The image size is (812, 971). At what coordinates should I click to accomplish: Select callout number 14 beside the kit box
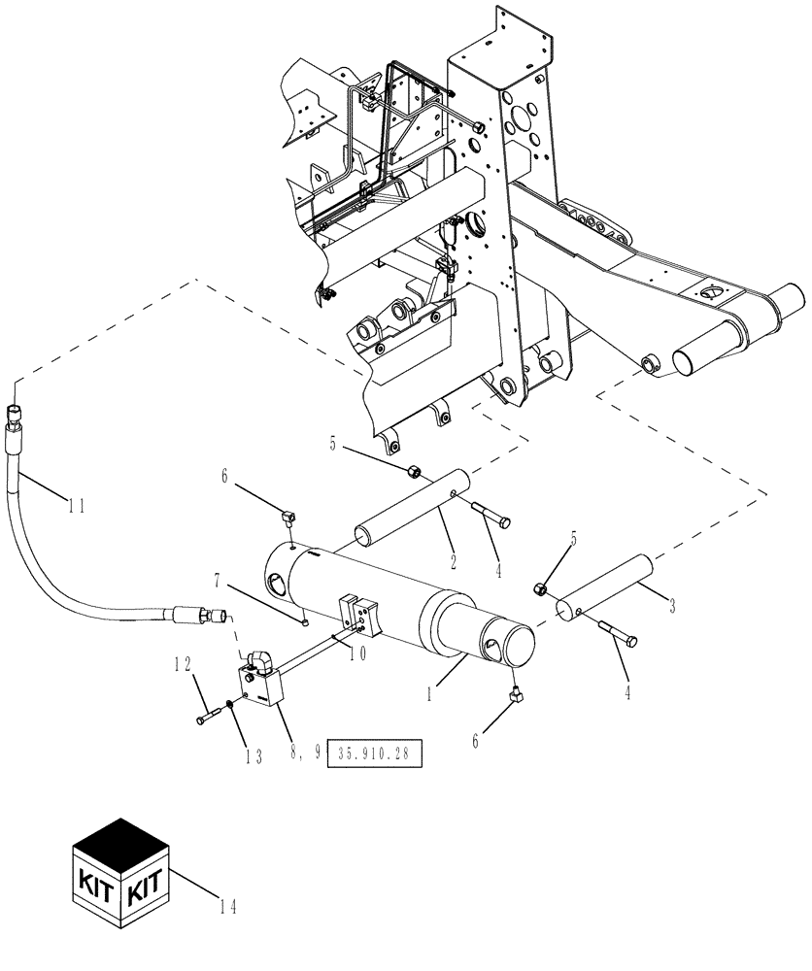(228, 909)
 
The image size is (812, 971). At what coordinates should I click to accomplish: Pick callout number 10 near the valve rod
(357, 653)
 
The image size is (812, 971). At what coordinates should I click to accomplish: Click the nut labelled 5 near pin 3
(541, 588)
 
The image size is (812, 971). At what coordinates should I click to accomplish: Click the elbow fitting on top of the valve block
(260, 662)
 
